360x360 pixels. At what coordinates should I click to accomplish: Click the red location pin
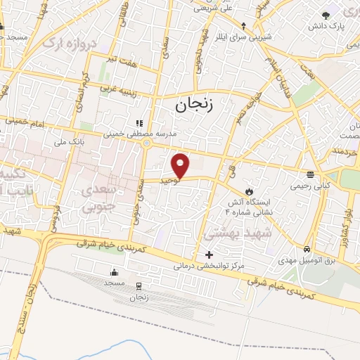pyautogui.click(x=181, y=165)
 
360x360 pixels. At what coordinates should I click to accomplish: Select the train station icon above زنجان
pyautogui.click(x=139, y=286)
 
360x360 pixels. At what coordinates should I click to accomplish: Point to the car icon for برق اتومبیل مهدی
pyautogui.click(x=307, y=250)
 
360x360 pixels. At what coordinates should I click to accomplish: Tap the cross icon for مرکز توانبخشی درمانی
pyautogui.click(x=208, y=255)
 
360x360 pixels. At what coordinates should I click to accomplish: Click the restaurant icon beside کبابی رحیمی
pyautogui.click(x=310, y=174)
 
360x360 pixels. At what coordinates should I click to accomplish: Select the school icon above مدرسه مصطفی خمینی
pyautogui.click(x=139, y=122)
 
